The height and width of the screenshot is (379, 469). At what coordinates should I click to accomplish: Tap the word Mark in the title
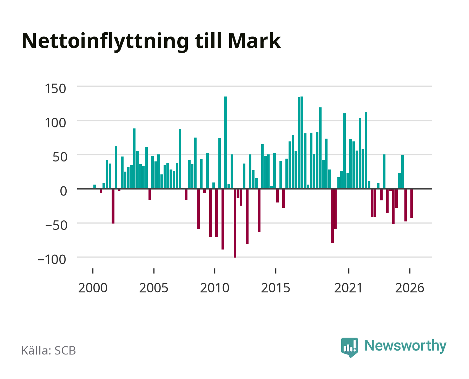[254, 41]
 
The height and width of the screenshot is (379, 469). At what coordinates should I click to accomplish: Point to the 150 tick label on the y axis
[55, 89]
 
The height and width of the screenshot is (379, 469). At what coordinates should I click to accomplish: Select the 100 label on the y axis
[55, 123]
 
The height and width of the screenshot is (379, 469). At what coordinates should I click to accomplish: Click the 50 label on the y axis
[60, 157]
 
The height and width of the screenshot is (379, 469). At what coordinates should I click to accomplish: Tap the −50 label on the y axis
[56, 225]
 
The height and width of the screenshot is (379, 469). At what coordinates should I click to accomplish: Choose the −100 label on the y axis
[52, 259]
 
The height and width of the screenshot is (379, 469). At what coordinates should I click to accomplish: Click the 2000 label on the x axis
[93, 288]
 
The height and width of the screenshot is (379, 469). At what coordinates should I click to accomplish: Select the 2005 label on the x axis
[154, 288]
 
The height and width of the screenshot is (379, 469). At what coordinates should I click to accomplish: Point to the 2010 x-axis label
[215, 288]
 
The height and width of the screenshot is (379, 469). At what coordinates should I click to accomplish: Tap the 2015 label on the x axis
[276, 288]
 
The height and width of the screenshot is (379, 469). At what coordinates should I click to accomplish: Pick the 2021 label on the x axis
[348, 288]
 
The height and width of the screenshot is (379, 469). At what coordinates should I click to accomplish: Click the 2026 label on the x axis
[410, 288]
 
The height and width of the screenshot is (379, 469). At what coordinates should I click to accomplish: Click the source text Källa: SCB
[49, 351]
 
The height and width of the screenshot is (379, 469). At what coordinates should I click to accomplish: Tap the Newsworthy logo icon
[349, 347]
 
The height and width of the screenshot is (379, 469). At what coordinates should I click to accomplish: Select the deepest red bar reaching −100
[235, 223]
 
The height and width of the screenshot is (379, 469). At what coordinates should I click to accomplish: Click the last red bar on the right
[411, 204]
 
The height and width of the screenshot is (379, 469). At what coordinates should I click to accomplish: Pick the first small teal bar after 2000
[94, 187]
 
